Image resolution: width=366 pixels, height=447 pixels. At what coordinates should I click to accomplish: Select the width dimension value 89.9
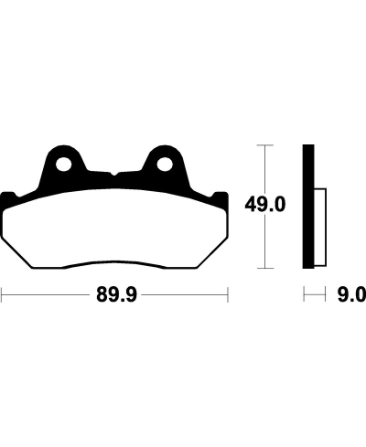(113, 295)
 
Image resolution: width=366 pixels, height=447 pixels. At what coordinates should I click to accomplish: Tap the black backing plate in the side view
(307, 206)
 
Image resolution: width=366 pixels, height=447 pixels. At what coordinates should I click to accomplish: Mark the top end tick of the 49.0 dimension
(264, 144)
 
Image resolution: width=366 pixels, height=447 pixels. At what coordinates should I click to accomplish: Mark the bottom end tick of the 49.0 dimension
(264, 269)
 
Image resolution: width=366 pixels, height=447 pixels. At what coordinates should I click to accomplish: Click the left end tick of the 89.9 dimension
(3, 295)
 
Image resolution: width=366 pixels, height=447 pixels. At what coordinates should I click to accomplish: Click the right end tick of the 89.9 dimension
(226, 295)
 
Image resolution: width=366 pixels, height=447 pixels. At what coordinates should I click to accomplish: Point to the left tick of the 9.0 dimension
(304, 295)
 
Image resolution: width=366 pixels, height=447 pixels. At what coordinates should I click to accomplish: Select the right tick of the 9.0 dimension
(327, 295)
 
